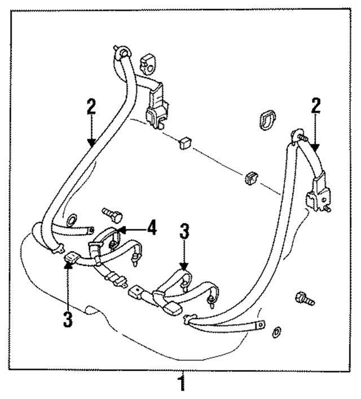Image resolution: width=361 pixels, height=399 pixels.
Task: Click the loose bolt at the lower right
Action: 304,299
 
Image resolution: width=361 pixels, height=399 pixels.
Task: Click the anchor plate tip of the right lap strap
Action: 260,323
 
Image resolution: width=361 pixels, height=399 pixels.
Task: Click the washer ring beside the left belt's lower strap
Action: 72,219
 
